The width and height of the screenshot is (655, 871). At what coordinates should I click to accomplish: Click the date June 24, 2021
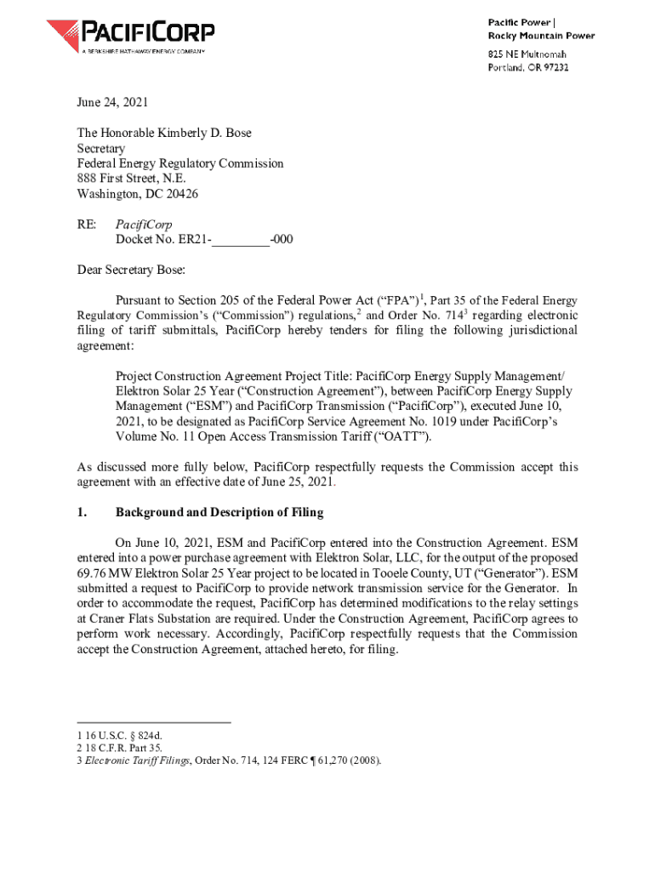[x=112, y=103]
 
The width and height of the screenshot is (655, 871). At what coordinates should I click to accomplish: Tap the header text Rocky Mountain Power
[x=540, y=36]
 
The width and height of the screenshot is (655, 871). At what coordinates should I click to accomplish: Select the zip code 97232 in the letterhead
[x=553, y=67]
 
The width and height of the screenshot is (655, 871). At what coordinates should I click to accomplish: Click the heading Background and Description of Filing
[x=219, y=513]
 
